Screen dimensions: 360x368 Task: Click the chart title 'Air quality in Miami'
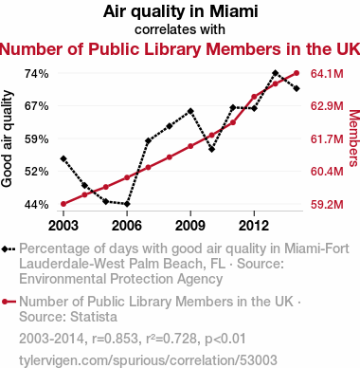tap(180, 11)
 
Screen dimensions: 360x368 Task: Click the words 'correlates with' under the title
tap(180, 29)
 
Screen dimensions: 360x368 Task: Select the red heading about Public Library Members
tap(180, 49)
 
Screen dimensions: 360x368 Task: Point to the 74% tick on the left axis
tap(37, 74)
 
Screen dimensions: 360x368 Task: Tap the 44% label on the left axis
tap(37, 205)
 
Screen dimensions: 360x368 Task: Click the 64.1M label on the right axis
tap(327, 74)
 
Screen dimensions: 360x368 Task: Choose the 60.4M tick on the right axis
tap(327, 172)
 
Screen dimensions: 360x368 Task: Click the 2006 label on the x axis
tap(127, 226)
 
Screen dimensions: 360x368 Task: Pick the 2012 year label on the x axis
tap(254, 226)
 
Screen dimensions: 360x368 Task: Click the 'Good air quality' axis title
tap(7, 138)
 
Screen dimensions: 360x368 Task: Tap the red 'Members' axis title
tap(353, 138)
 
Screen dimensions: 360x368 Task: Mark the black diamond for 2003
tap(63, 158)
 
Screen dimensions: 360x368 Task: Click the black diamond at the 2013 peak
tap(275, 73)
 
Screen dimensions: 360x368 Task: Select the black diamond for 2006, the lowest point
tap(127, 204)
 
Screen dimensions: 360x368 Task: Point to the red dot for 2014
tap(297, 73)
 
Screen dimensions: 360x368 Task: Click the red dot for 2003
tap(63, 204)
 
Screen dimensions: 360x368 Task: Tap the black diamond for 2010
tap(211, 149)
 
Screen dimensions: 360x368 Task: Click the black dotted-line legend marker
tap(9, 249)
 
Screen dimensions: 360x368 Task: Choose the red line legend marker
tap(9, 302)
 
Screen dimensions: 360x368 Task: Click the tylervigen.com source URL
tap(148, 360)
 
